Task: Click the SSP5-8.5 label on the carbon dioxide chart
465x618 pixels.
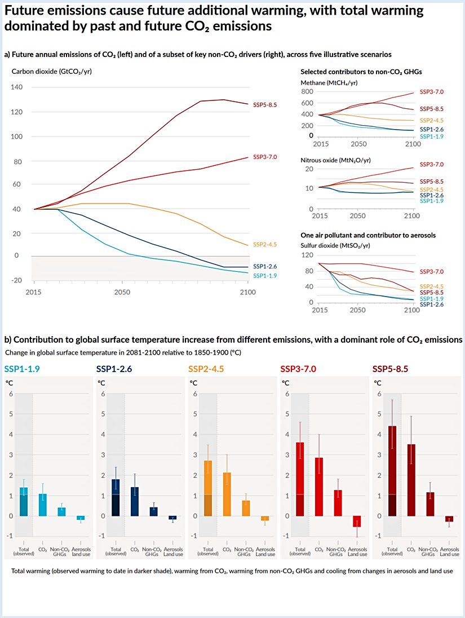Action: (265, 104)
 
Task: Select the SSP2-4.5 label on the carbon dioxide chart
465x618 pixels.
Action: (265, 245)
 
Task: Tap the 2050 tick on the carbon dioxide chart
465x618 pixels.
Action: (122, 292)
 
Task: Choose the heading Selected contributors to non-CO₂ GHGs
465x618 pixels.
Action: (361, 72)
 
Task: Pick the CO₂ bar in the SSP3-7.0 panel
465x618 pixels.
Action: (320, 487)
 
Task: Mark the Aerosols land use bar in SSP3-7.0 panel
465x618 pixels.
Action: (356, 522)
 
